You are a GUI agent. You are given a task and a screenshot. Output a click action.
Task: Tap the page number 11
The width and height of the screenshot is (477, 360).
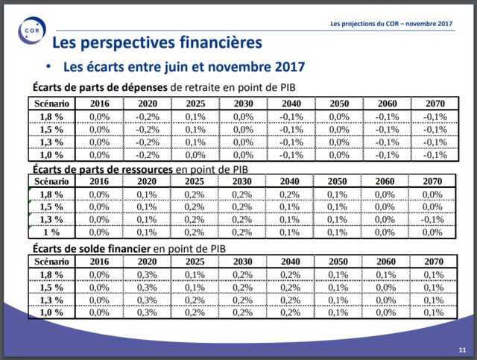462,349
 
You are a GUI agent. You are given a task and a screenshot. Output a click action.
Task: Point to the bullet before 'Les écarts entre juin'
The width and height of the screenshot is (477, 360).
51,66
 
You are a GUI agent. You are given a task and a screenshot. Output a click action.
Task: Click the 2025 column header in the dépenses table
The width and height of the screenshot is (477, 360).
195,104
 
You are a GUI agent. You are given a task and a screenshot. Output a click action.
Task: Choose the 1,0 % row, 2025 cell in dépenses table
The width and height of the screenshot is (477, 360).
195,155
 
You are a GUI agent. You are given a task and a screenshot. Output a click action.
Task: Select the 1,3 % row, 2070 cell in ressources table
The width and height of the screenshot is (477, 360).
432,219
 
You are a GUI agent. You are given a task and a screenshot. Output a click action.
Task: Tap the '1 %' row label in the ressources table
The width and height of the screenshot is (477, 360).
51,232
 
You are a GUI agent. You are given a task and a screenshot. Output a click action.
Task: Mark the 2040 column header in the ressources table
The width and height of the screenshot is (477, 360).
291,181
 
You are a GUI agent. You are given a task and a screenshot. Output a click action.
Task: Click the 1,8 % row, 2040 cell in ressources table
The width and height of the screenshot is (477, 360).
291,194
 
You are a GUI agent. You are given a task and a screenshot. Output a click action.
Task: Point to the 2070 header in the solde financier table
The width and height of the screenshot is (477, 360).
432,261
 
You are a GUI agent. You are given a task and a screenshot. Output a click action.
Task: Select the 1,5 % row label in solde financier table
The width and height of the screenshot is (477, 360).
51,287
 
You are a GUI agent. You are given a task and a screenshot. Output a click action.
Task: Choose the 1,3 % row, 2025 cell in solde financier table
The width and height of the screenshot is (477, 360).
195,300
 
